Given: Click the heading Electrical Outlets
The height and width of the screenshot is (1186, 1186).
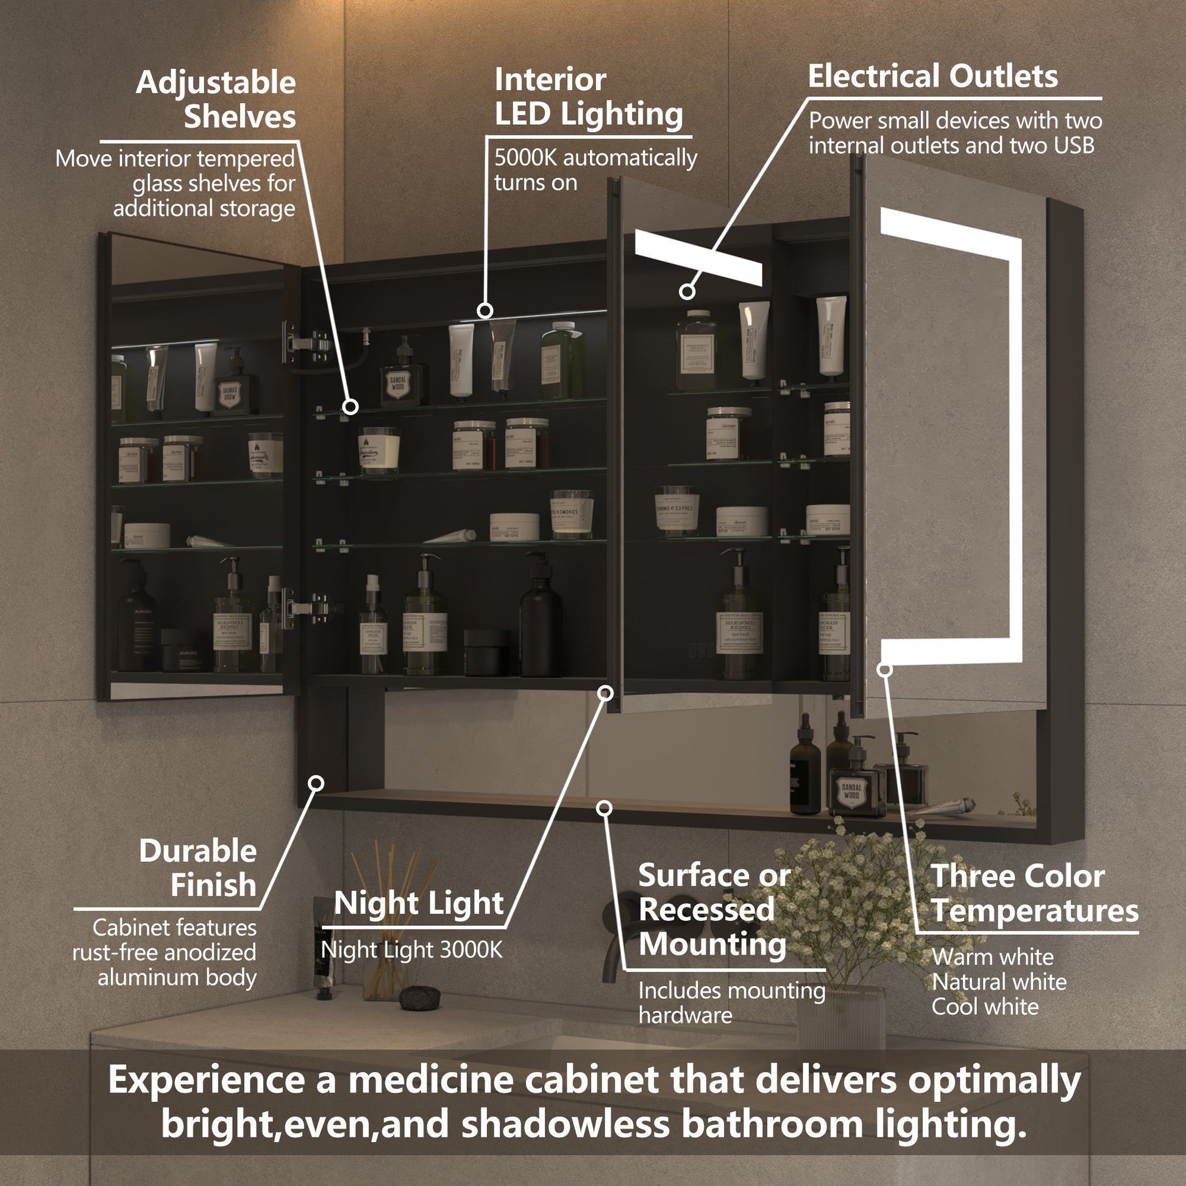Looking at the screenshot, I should pyautogui.click(x=932, y=77).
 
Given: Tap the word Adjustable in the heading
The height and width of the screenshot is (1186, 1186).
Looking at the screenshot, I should pyautogui.click(x=216, y=83).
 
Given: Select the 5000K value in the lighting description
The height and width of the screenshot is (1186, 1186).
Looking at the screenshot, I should pyautogui.click(x=525, y=158).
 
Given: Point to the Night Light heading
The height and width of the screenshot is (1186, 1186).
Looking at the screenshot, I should pyautogui.click(x=419, y=903).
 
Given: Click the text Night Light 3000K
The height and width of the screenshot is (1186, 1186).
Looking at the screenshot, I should pyautogui.click(x=411, y=950).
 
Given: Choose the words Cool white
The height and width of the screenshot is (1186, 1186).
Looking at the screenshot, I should pyautogui.click(x=985, y=1007).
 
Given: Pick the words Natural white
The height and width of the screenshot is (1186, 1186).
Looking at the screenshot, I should pyautogui.click(x=999, y=982).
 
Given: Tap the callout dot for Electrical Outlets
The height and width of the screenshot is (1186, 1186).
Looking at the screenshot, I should pyautogui.click(x=687, y=291).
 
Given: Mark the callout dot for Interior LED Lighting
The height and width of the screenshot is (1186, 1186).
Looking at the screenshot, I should pyautogui.click(x=485, y=311).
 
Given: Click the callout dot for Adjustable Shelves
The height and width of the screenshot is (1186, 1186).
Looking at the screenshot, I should pyautogui.click(x=350, y=407).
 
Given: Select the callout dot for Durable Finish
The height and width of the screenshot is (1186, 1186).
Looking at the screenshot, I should pyautogui.click(x=316, y=783).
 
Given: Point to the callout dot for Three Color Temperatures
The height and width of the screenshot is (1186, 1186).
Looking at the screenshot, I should pyautogui.click(x=884, y=669).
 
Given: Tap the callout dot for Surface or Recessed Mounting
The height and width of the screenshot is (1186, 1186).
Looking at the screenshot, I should pyautogui.click(x=605, y=809).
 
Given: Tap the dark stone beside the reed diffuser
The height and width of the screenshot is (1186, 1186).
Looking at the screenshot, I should pyautogui.click(x=420, y=996).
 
